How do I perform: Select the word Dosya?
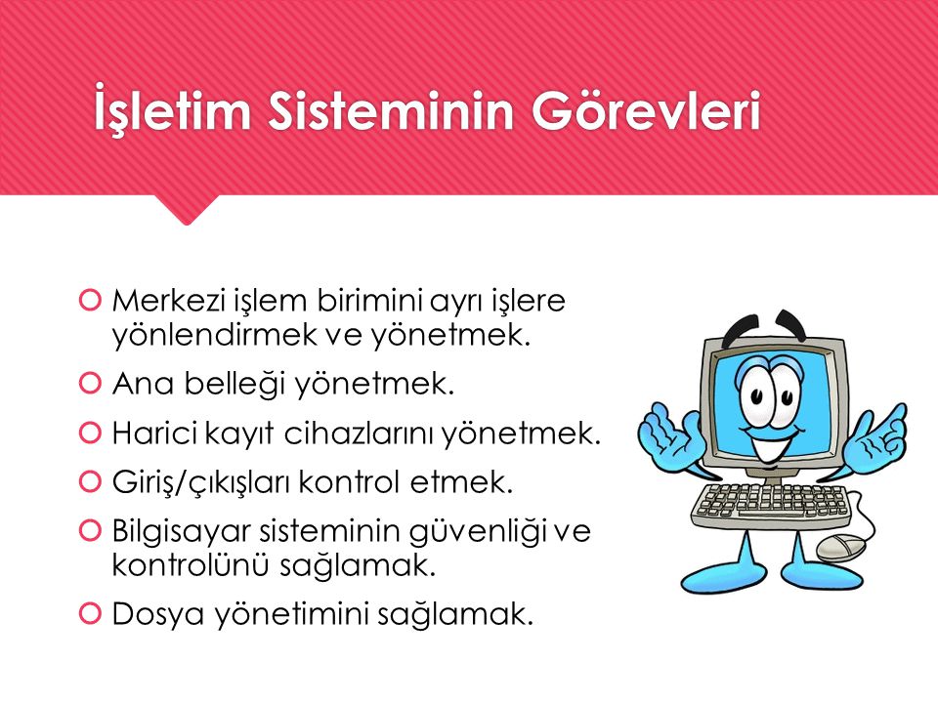[146, 614]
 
